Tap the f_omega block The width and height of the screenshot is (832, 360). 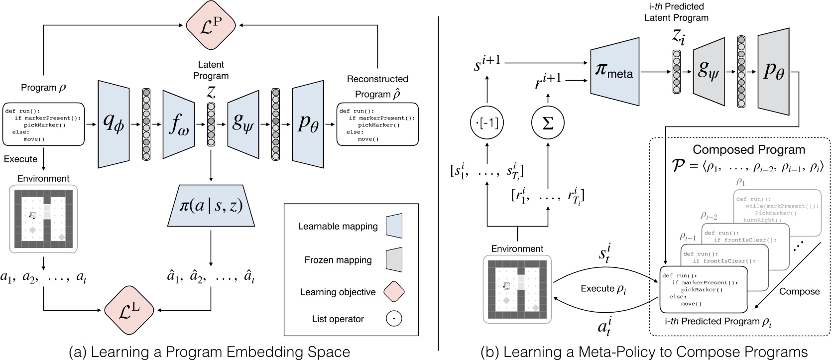pos(179,124)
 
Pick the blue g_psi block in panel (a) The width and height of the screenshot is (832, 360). pos(243,124)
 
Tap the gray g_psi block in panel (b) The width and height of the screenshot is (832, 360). pos(709,71)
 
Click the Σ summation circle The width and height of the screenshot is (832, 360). pos(547,123)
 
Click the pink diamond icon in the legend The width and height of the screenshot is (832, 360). pos(393,292)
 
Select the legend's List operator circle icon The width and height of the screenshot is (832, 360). pos(393,319)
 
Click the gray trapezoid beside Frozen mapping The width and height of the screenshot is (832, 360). pos(394,260)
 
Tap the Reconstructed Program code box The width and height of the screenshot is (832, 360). pos(377,124)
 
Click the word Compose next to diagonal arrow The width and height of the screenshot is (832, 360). pos(799,291)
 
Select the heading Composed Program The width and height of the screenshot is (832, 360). pos(748,150)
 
